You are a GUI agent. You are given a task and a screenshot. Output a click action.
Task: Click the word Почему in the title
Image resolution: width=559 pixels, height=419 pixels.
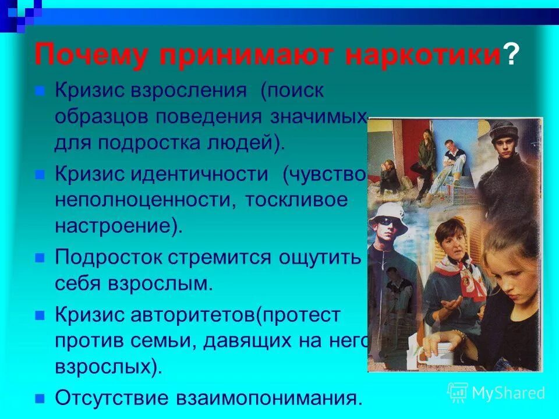(x=94, y=56)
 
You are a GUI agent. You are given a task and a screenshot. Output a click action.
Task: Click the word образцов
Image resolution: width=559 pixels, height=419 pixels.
(x=101, y=116)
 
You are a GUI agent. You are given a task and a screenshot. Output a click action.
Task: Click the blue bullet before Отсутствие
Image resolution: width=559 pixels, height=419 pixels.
(x=40, y=399)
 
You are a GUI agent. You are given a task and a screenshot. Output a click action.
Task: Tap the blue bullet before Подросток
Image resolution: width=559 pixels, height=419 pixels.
(x=40, y=257)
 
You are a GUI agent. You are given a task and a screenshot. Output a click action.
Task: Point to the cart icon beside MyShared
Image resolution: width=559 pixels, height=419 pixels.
(x=457, y=392)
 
